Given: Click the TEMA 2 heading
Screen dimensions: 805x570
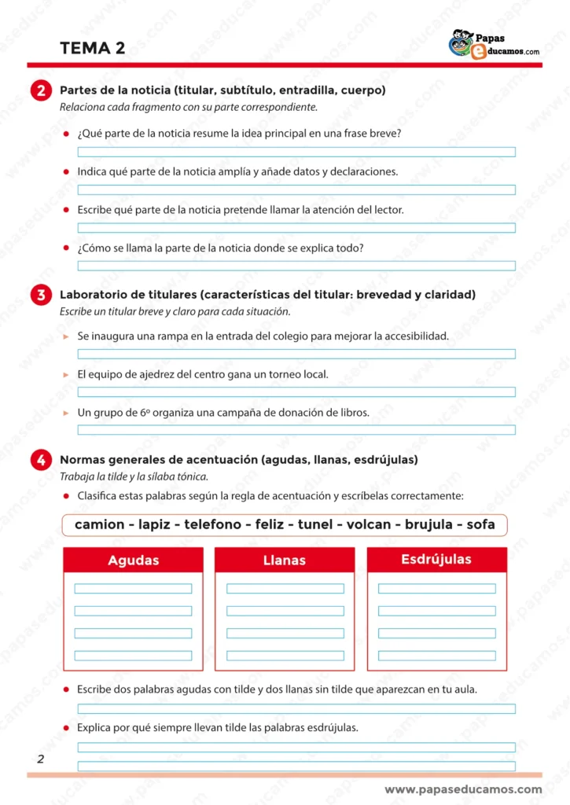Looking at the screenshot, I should pos(93,49).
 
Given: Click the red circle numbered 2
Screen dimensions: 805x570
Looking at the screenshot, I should pos(40,91).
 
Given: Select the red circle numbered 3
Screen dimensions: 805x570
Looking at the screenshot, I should pos(40,296).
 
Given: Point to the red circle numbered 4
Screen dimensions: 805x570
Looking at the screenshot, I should pos(40,460).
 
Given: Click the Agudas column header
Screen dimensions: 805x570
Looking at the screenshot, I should pos(133,561).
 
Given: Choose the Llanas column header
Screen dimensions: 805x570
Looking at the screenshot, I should pos(285,561).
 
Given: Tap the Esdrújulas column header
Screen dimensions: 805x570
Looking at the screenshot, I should pos(436,560).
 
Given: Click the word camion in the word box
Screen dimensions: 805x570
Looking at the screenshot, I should pos(99,524).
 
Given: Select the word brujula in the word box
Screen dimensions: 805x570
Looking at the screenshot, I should pos(428,524).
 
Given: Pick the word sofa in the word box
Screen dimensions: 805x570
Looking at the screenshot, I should pos(480,524).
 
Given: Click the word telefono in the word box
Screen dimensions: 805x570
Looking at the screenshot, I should pos(212,524).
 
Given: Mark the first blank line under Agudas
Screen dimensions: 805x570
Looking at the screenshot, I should pos(133,588).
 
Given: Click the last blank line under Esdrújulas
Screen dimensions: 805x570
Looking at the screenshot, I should pos(436,656).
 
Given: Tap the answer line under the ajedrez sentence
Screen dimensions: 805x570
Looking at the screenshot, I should pos(296,391).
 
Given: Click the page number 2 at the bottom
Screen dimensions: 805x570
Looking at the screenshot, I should pos(40,759).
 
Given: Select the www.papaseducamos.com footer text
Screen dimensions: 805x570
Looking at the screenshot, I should pos(463,789).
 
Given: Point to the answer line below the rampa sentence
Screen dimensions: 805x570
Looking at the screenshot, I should pos(296,354).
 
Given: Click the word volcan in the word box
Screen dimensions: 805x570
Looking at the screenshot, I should pos(369,524).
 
